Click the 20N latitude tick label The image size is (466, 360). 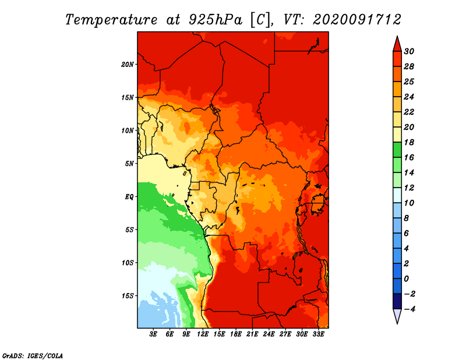(x=128, y=65)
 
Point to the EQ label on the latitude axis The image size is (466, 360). (x=129, y=197)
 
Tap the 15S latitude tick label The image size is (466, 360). (x=128, y=296)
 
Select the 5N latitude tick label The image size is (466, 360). (x=129, y=164)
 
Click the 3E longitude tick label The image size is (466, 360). (x=153, y=334)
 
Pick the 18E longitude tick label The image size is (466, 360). (x=236, y=334)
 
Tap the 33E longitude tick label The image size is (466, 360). (x=318, y=334)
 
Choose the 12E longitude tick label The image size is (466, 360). (x=203, y=334)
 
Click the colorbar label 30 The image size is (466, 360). (x=409, y=51)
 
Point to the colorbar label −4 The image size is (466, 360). (x=409, y=309)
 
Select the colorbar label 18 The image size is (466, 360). (x=409, y=142)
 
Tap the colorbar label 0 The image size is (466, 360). (x=406, y=279)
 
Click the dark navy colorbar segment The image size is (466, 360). (x=397, y=301)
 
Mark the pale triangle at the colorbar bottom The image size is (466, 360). (x=397, y=316)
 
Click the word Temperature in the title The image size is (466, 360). (x=111, y=20)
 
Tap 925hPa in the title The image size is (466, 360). (x=215, y=20)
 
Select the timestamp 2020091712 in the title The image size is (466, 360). (x=357, y=20)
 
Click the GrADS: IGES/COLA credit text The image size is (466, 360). (x=33, y=356)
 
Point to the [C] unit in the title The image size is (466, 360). (x=260, y=20)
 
